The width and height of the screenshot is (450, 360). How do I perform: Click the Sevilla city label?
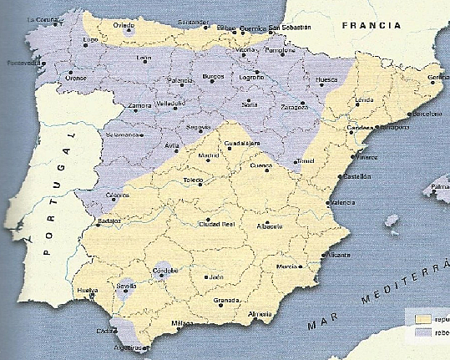128,286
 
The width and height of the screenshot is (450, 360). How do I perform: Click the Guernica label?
253,28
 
